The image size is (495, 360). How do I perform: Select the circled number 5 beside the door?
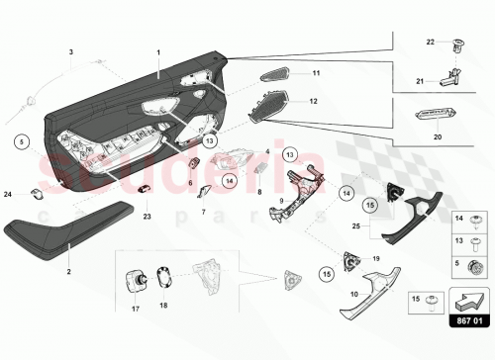(x=22, y=141)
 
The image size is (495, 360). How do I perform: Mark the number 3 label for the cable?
(x=70, y=49)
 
